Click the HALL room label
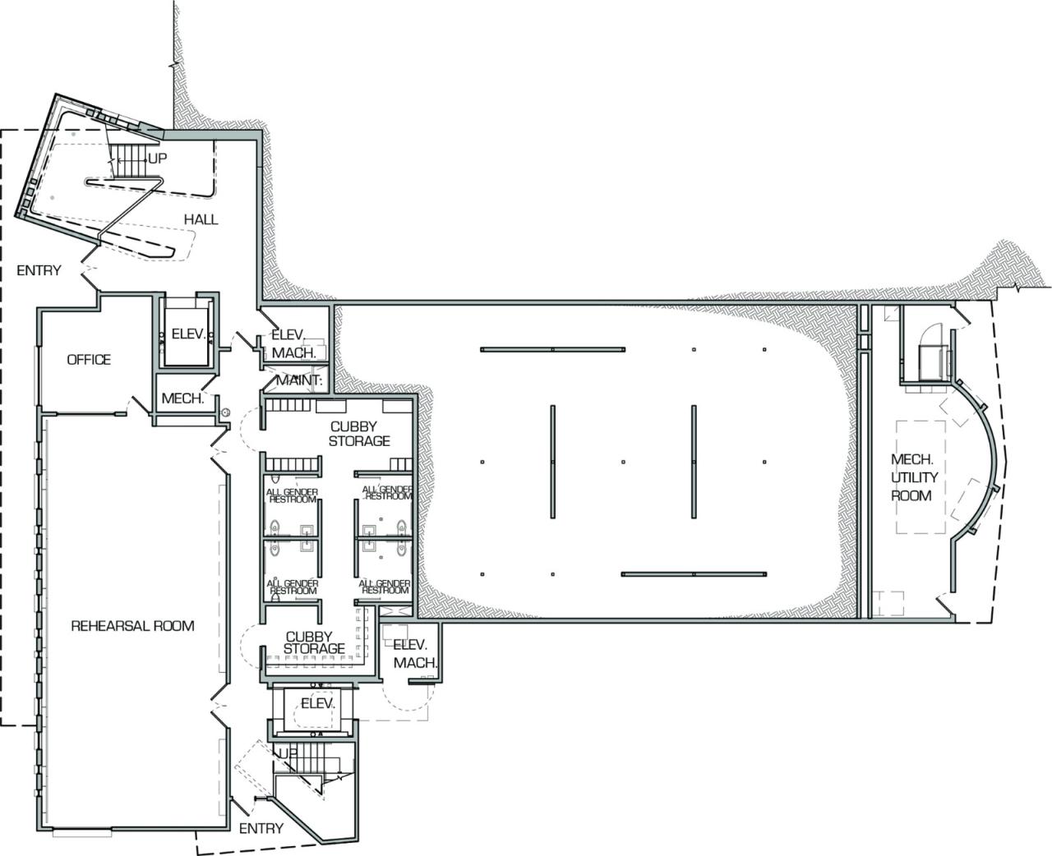pyautogui.click(x=201, y=219)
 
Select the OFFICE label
pyautogui.click(x=89, y=360)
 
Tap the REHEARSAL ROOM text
pyautogui.click(x=132, y=626)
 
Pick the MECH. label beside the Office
pyautogui.click(x=182, y=398)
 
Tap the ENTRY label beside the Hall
pyautogui.click(x=38, y=270)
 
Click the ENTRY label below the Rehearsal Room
pyautogui.click(x=261, y=828)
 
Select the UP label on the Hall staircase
pyautogui.click(x=157, y=158)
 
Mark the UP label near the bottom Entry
pyautogui.click(x=287, y=753)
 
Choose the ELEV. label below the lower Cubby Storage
pyautogui.click(x=317, y=704)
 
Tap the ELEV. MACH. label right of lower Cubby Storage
pyautogui.click(x=413, y=654)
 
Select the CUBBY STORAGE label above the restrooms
pyautogui.click(x=359, y=434)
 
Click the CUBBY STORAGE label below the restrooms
pyautogui.click(x=315, y=642)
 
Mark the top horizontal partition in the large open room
pyautogui.click(x=552, y=349)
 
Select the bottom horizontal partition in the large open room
pyautogui.click(x=694, y=573)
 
